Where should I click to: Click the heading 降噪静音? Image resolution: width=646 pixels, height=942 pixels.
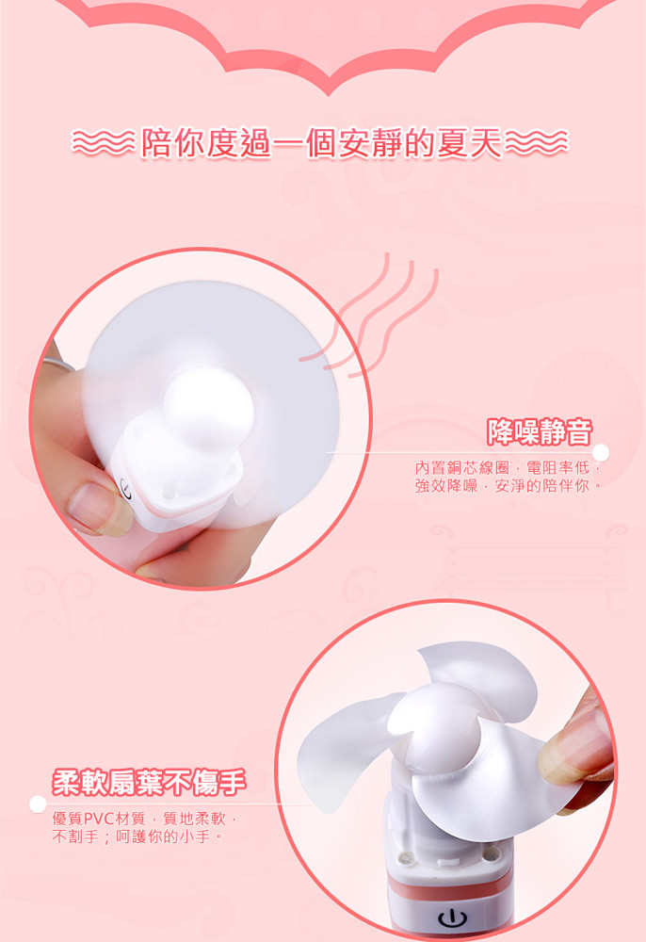pyautogui.click(x=540, y=431)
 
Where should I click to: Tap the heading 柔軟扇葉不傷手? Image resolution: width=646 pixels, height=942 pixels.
pyautogui.click(x=149, y=782)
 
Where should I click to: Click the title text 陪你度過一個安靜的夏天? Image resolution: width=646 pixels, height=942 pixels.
pyautogui.click(x=320, y=143)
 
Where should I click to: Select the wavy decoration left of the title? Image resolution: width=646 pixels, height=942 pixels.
pyautogui.click(x=104, y=143)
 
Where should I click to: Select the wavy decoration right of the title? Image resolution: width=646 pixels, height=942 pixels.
pyautogui.click(x=536, y=143)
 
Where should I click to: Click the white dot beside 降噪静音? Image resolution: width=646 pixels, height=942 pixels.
pyautogui.click(x=601, y=452)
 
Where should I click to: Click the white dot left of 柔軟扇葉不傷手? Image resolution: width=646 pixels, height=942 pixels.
pyautogui.click(x=38, y=804)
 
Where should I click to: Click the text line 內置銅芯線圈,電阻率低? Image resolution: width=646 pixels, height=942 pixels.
pyautogui.click(x=508, y=467)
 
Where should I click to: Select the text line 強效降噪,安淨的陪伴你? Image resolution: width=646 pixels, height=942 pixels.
pyautogui.click(x=508, y=486)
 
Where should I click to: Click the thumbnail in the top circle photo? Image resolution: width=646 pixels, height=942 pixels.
pyautogui.click(x=90, y=509)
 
